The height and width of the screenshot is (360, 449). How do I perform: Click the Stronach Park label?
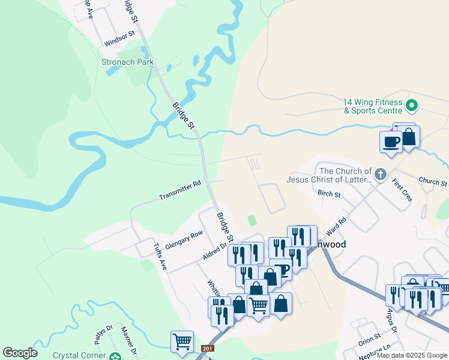[x=127, y=62]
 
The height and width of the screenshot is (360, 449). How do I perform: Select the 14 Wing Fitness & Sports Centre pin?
[x=412, y=107]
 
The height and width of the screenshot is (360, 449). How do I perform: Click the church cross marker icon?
[x=380, y=175]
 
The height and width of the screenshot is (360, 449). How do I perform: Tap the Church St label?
[x=433, y=181]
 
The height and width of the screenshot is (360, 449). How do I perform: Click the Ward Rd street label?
[x=336, y=227]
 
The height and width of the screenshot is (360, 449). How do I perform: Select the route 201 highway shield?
[x=208, y=349]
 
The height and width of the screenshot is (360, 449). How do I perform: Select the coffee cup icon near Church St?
[x=391, y=142]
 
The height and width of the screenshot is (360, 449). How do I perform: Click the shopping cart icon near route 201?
[x=182, y=341]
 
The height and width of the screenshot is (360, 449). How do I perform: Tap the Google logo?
[x=20, y=353]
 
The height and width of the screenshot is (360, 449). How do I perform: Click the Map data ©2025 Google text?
[x=411, y=355]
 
